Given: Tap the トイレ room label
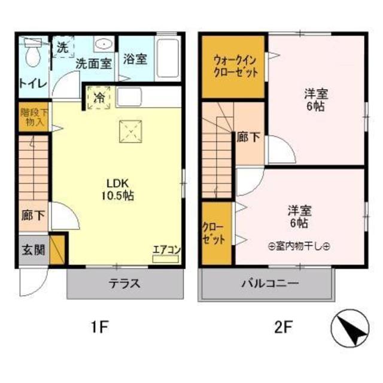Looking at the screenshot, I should click(32, 83).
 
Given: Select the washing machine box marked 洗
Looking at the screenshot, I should click(62, 47).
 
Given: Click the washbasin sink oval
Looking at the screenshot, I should click(104, 44).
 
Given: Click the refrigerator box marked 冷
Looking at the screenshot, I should click(97, 97).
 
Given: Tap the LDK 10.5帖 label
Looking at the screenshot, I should click(119, 189).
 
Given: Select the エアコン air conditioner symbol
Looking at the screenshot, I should click(163, 254).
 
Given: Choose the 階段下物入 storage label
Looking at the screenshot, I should click(32, 117).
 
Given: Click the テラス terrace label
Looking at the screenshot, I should click(123, 284).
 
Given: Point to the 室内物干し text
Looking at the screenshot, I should click(299, 246).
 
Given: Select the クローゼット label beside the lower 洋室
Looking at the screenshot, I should click(214, 233).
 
